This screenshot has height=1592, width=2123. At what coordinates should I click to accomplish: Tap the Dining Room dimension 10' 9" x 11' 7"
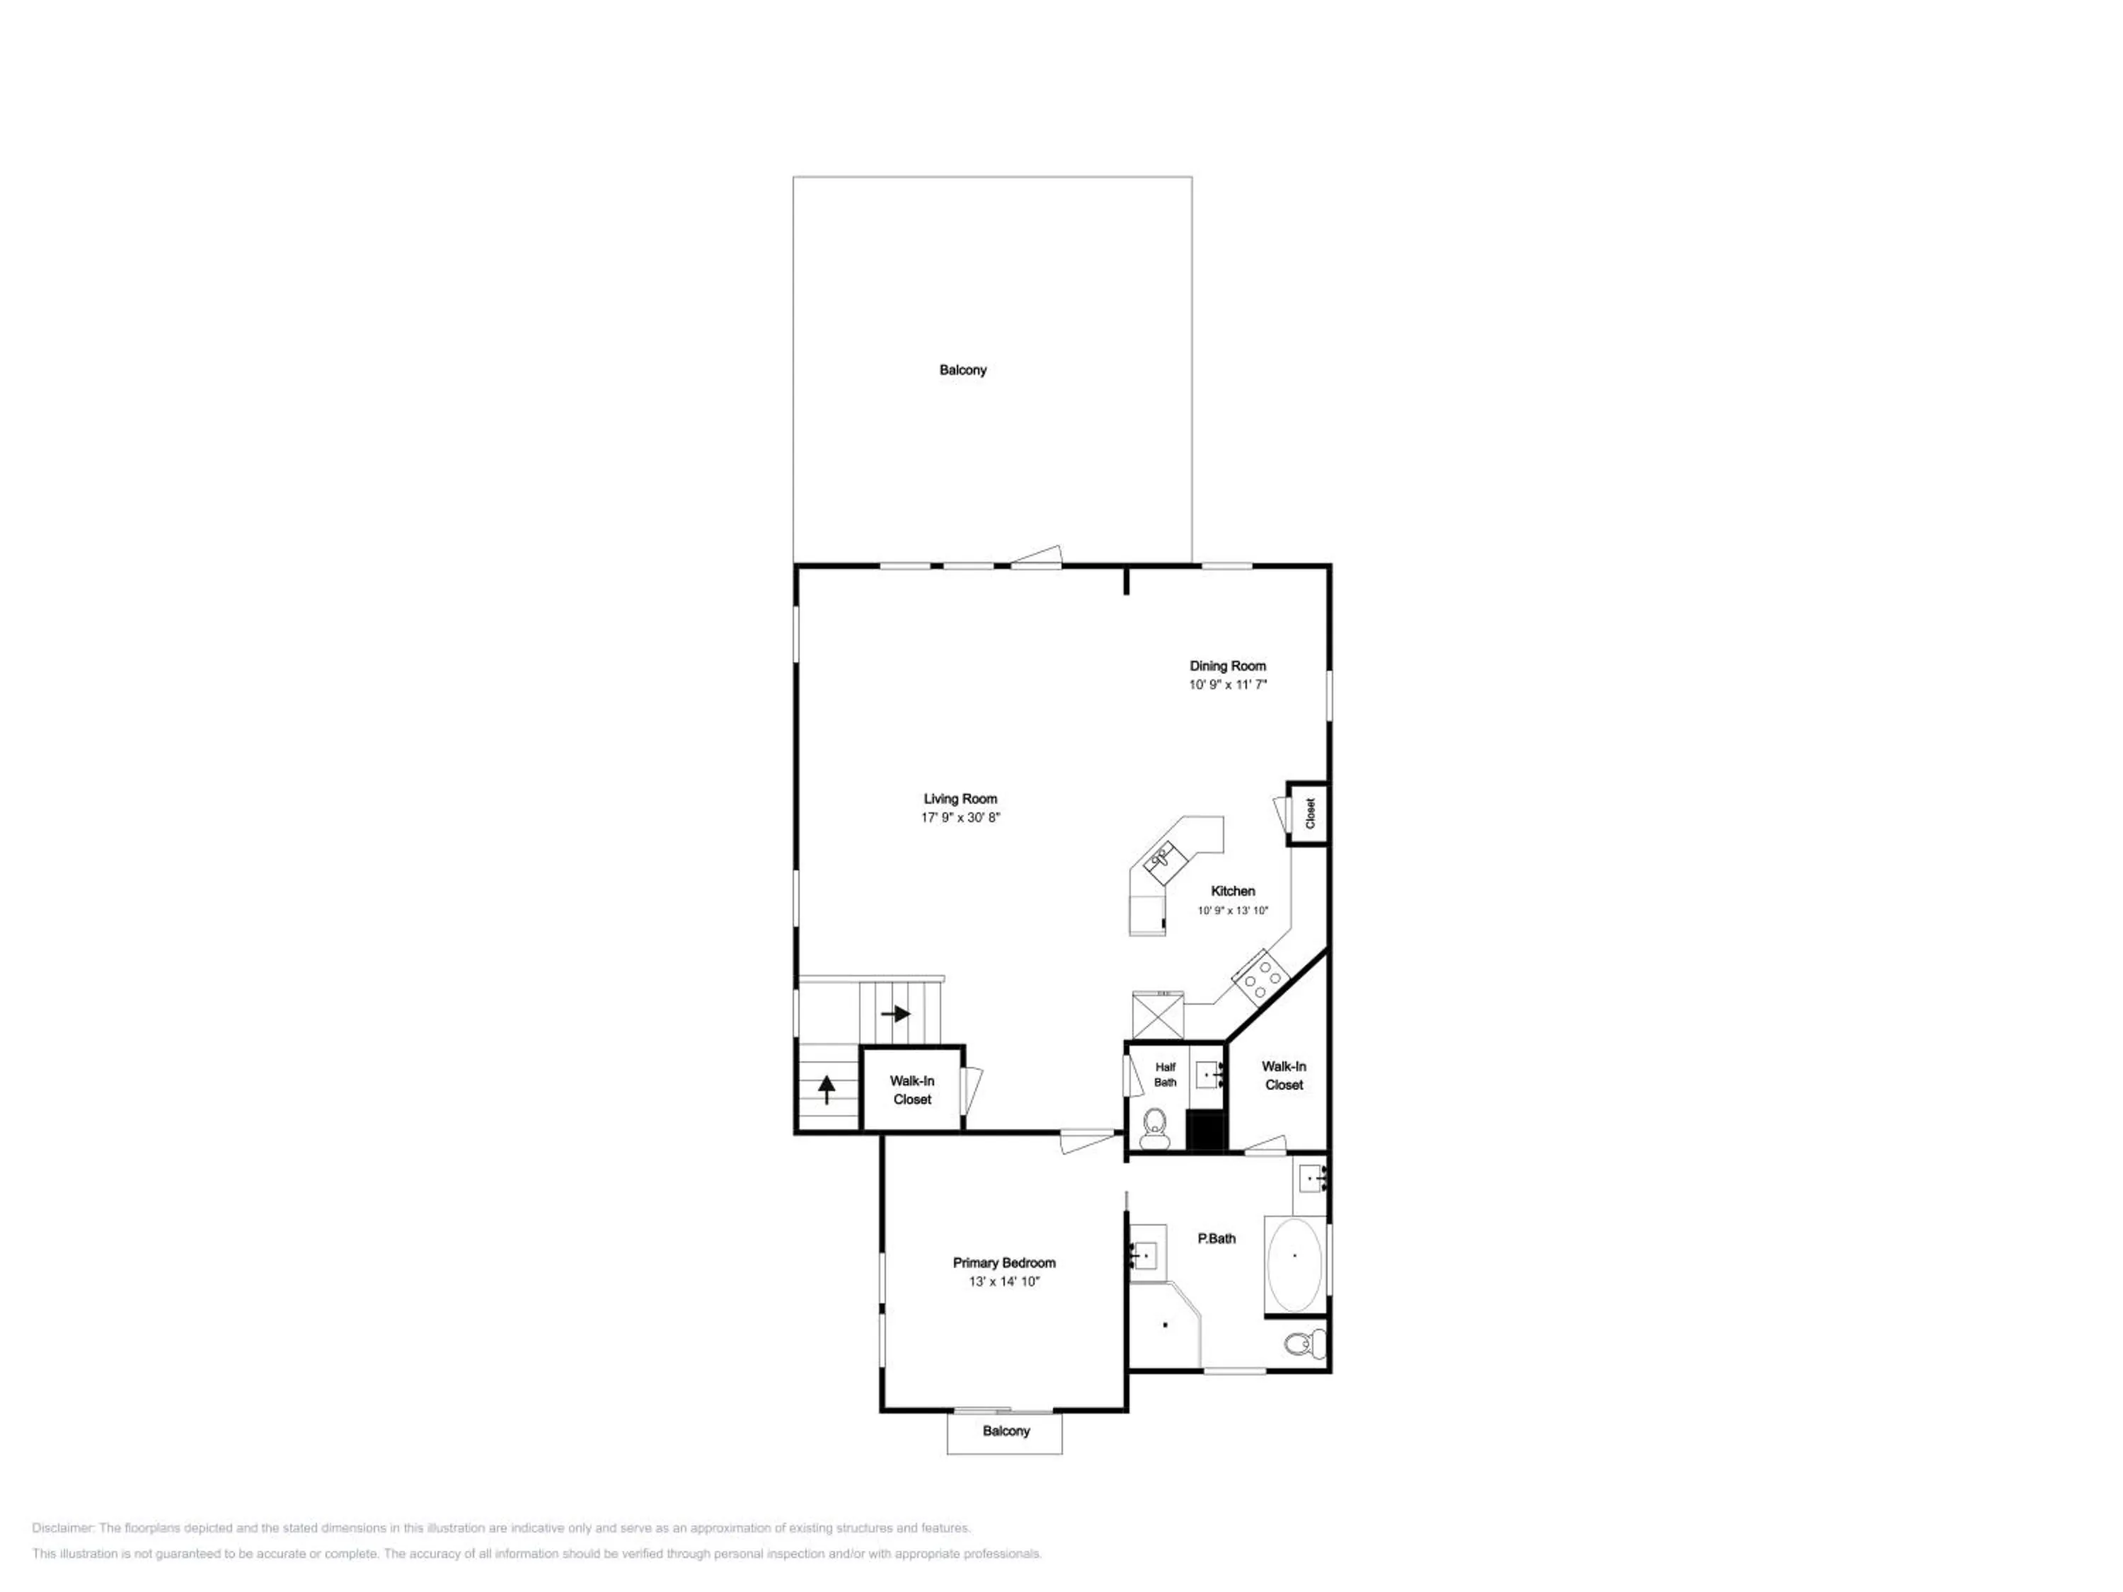[x=1228, y=684]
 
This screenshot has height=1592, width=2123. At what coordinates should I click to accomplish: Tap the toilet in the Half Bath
[x=1155, y=1129]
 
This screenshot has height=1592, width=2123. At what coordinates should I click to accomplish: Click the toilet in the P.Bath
[x=1304, y=1344]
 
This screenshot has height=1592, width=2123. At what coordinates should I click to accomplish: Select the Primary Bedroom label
[x=1004, y=1263]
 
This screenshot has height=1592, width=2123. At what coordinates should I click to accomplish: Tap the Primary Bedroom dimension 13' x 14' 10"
[x=1004, y=1281]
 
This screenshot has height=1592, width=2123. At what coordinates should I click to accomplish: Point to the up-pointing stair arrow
[x=825, y=1089]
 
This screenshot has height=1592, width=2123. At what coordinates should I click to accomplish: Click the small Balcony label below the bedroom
[x=1006, y=1431]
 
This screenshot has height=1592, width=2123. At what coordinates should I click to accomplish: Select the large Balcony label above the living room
[x=962, y=369]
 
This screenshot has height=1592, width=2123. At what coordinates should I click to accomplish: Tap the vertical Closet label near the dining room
[x=1310, y=814]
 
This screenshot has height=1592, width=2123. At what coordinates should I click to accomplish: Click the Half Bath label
[x=1165, y=1074]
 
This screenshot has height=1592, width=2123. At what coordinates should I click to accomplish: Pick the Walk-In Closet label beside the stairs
[x=911, y=1090]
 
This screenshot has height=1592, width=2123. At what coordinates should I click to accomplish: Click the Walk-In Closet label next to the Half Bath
[x=1284, y=1075]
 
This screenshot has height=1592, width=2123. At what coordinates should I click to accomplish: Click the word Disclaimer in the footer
[x=62, y=1528]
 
